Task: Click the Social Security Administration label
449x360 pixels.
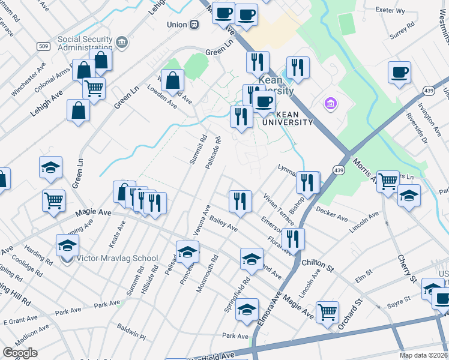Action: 85,44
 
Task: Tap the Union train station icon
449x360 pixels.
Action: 194,25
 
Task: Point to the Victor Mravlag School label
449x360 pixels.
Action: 117,259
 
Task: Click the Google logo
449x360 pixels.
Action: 20,353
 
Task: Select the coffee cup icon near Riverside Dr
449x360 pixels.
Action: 399,73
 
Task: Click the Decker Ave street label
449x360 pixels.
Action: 332,214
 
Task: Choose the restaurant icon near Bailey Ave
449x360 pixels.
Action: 240,201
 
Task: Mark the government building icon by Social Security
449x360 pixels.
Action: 122,43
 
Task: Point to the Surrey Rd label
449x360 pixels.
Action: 402,29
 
